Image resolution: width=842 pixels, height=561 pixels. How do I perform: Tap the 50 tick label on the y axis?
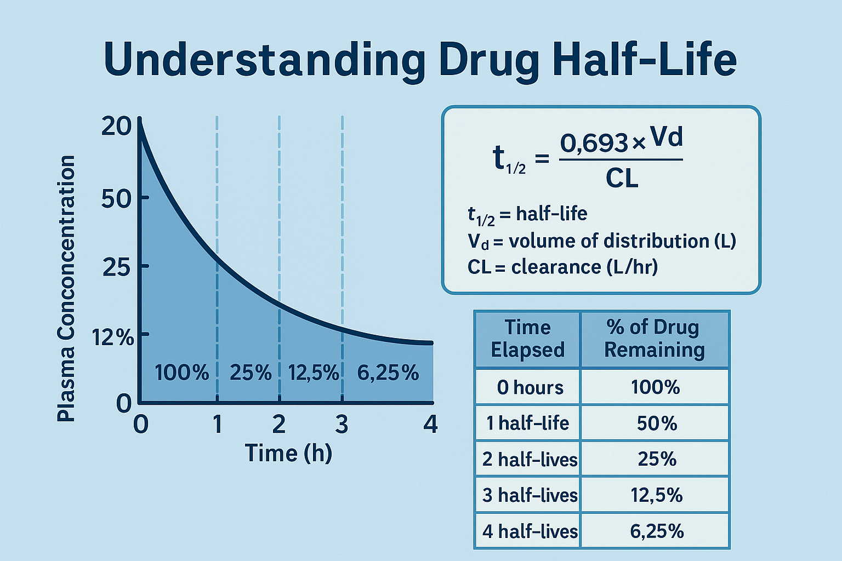click(116, 198)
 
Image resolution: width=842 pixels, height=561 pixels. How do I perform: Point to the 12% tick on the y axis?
click(113, 337)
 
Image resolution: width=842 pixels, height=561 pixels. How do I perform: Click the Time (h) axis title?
click(288, 454)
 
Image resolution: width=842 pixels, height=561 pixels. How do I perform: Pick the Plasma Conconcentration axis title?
click(66, 288)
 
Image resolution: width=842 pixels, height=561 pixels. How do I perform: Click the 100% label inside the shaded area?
click(181, 373)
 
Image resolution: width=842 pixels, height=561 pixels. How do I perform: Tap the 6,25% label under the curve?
click(388, 373)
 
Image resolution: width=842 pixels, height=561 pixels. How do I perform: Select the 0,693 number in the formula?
click(594, 144)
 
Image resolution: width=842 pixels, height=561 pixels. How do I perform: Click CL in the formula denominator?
click(622, 179)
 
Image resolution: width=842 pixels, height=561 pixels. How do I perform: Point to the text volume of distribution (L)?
click(622, 241)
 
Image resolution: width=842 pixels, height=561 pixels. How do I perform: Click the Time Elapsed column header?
click(527, 339)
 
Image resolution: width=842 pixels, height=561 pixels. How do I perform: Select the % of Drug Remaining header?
click(654, 339)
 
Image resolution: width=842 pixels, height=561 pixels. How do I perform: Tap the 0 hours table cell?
click(530, 388)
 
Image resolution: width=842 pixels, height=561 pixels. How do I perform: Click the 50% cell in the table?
click(656, 423)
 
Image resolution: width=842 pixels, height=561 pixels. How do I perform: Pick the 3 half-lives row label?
click(530, 495)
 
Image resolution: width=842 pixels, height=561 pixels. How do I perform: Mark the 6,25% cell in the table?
click(656, 531)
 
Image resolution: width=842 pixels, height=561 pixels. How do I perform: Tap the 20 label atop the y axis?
click(116, 127)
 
